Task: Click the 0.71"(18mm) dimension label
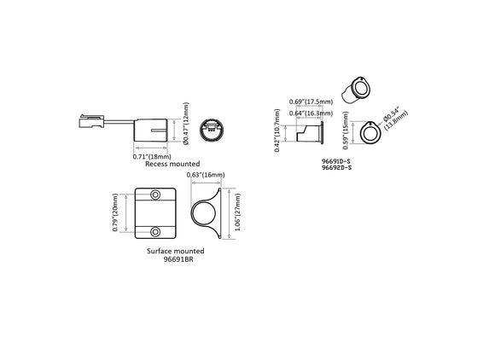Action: pyautogui.click(x=153, y=157)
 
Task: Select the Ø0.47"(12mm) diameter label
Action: pyautogui.click(x=187, y=125)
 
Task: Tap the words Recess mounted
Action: pyautogui.click(x=172, y=164)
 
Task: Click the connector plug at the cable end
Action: pyautogui.click(x=90, y=120)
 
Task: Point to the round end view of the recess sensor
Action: pyautogui.click(x=209, y=131)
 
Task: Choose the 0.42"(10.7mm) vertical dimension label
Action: pyautogui.click(x=279, y=130)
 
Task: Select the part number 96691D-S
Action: pyautogui.click(x=338, y=160)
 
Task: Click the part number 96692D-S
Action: pyautogui.click(x=338, y=168)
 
